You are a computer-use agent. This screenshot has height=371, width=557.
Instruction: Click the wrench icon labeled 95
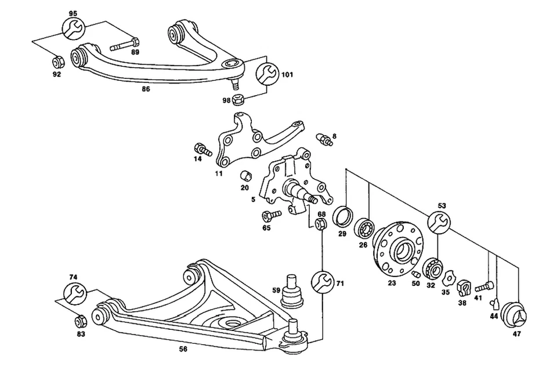click(x=73, y=27)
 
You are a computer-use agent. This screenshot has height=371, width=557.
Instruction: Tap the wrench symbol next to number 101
click(x=267, y=74)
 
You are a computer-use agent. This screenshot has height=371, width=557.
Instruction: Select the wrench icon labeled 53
click(x=439, y=222)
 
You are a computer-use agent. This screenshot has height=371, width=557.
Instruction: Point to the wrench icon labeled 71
click(x=321, y=283)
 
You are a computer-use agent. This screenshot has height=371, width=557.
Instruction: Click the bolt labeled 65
click(x=270, y=216)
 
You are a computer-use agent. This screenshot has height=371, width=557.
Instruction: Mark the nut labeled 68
click(x=320, y=224)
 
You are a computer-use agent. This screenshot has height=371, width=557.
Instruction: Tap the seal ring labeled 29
click(x=343, y=216)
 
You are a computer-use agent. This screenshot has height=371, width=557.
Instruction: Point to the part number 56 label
click(x=183, y=348)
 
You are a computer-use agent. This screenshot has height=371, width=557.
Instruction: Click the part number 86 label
click(x=146, y=90)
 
